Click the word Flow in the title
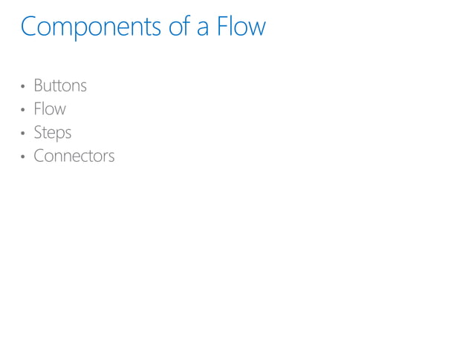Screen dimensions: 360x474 click(241, 27)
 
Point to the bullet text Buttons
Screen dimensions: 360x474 click(60, 85)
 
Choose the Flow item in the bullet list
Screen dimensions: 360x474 click(50, 109)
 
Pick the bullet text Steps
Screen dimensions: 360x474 click(53, 133)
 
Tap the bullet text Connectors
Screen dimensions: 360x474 click(74, 156)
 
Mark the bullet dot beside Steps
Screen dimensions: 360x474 click(24, 134)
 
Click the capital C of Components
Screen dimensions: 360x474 click(29, 27)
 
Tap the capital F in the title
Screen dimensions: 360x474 click(222, 27)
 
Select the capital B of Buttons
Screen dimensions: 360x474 click(38, 85)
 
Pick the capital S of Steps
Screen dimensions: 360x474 click(38, 133)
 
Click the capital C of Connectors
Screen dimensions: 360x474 click(39, 156)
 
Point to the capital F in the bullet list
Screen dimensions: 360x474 click(37, 109)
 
